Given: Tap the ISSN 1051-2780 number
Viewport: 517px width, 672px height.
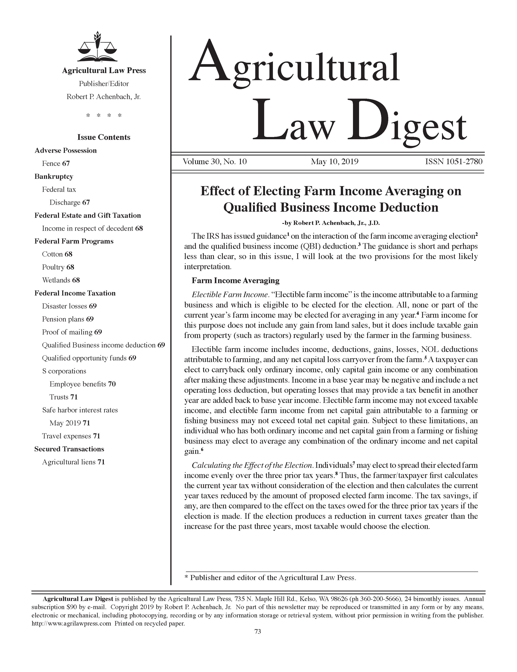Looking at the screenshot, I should pos(454,162).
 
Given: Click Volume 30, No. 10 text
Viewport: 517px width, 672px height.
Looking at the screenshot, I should pos(215,162).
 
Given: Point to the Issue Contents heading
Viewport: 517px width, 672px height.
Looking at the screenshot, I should pos(104,137).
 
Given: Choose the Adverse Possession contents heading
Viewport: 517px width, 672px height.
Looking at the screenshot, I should pos(65,150).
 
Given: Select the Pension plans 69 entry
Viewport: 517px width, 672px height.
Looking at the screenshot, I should pos(68,319).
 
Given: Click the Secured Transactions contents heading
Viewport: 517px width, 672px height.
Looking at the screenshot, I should pos(69,449).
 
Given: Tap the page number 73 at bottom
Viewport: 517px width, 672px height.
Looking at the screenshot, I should pos(257,632).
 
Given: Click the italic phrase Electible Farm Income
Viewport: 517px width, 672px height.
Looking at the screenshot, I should pos(229,295).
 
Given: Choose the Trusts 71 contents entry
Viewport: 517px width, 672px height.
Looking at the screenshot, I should pos(63,397).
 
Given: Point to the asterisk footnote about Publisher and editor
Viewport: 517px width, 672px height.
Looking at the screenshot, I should pos(270,578).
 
